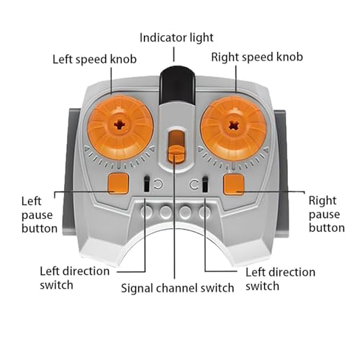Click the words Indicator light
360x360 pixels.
(x=176, y=38)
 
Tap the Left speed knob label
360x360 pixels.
(x=94, y=59)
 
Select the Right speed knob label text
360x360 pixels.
(x=257, y=58)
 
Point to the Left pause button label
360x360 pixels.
(x=40, y=215)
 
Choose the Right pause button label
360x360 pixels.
(x=327, y=214)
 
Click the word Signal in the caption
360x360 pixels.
(x=137, y=289)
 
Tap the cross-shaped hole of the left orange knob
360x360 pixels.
(x=120, y=125)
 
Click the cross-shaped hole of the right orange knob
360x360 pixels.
(x=233, y=125)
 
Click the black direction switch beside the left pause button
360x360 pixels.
(x=147, y=184)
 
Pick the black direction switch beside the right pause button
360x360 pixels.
(x=204, y=184)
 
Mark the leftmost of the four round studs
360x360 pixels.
(x=146, y=212)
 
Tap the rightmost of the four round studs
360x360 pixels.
(x=204, y=212)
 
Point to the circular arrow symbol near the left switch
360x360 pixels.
(x=158, y=184)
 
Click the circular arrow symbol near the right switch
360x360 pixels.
(x=194, y=184)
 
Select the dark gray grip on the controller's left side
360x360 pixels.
(x=71, y=171)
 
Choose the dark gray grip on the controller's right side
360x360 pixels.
(x=281, y=173)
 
